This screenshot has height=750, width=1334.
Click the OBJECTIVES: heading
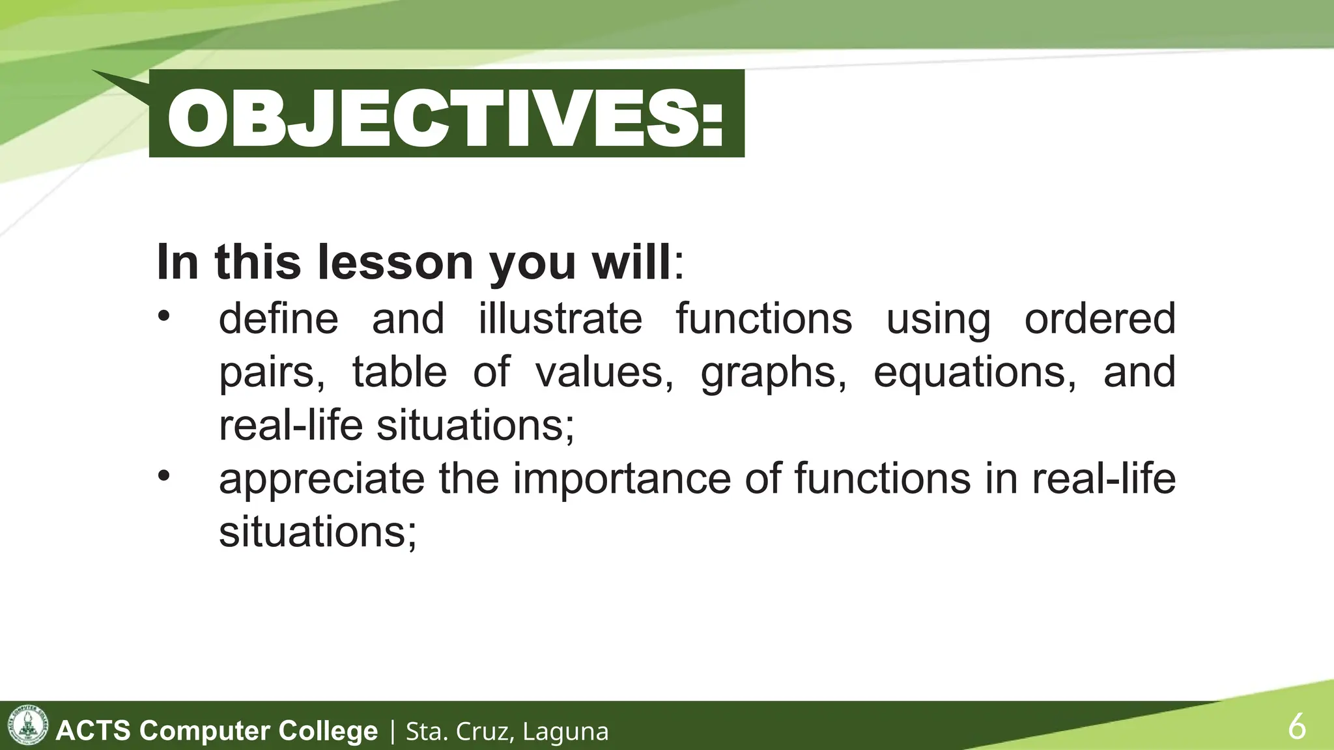point(446,117)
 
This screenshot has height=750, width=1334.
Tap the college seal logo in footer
point(27,725)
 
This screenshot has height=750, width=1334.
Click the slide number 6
point(1296,727)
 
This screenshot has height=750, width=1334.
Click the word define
point(278,319)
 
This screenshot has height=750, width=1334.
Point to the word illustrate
point(560,319)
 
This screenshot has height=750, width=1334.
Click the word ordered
point(1100,319)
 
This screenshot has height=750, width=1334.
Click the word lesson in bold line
point(395,262)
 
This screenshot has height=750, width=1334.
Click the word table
point(399,372)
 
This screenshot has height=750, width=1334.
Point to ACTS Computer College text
point(217,730)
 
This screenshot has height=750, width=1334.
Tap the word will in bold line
point(631,262)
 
